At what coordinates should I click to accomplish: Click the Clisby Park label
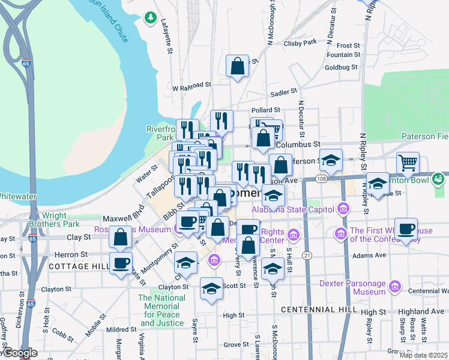300,43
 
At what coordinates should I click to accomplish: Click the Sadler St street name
284,92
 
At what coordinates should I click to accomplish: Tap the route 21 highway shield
307,255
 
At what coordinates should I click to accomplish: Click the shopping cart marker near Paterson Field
408,163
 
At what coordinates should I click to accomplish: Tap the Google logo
20,353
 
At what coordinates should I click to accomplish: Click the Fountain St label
343,55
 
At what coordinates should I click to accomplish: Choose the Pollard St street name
266,110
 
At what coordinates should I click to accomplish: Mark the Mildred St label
121,329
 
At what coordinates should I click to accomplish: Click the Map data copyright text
424,356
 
